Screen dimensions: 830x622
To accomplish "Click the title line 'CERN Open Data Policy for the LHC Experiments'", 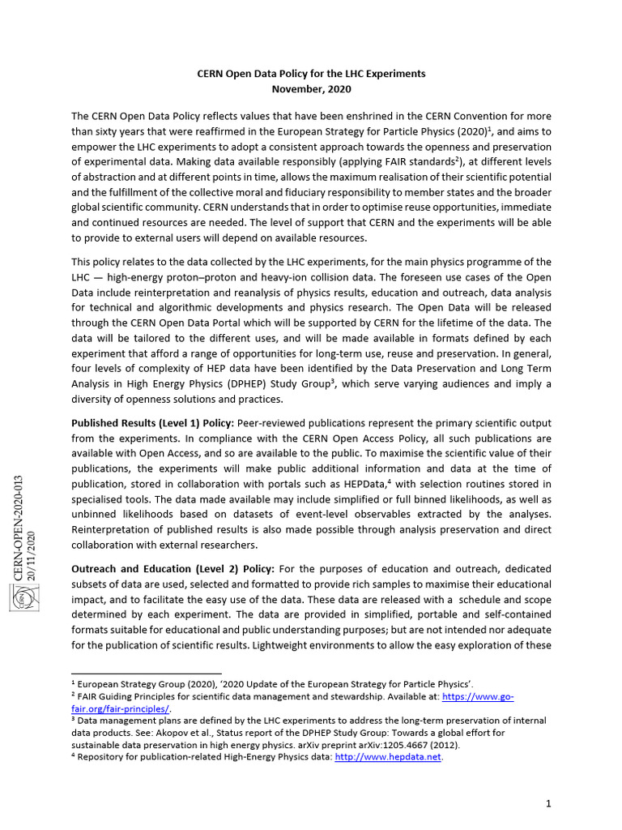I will pos(311,73).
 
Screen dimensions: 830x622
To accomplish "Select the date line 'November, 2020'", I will pos(311,88).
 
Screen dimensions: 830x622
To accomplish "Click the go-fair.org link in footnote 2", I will pos(478,696).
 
